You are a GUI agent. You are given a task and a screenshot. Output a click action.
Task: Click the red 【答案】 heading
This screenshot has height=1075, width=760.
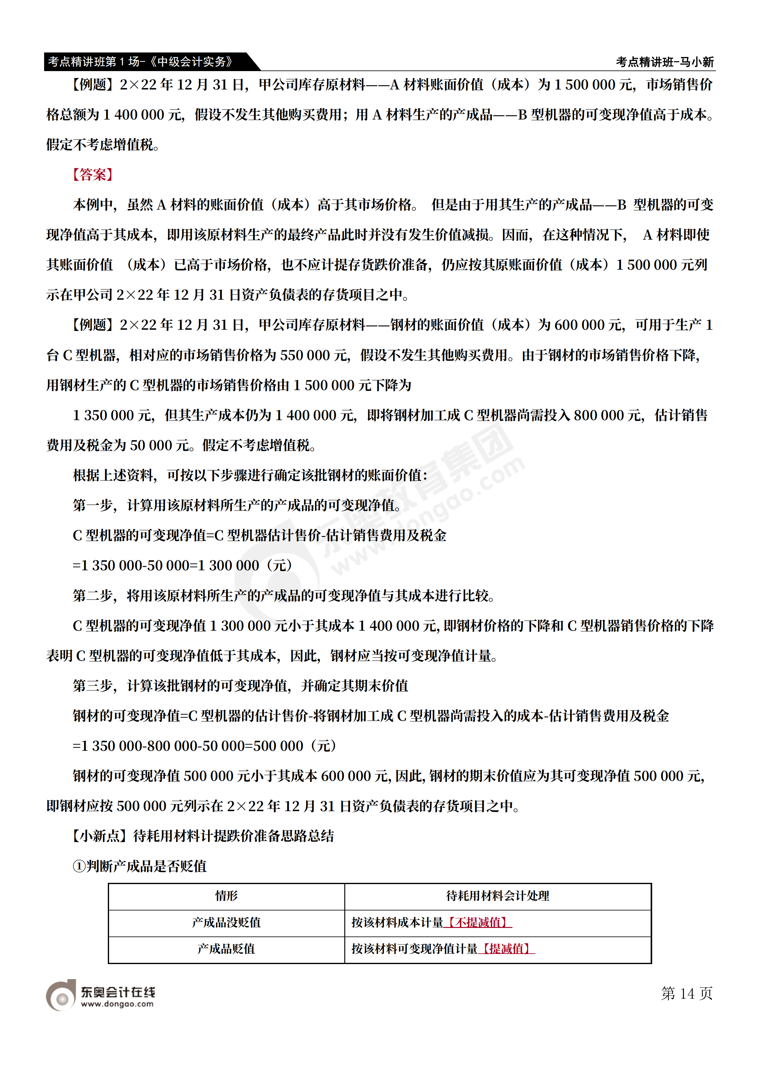(93, 175)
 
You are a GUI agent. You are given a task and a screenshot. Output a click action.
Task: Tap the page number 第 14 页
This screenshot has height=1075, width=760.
(686, 993)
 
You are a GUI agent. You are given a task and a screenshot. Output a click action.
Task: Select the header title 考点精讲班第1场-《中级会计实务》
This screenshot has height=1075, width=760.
(140, 61)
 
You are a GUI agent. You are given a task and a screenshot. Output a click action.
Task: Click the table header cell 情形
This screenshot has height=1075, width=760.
(226, 896)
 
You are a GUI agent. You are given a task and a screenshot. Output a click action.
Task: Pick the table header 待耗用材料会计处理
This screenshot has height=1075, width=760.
(497, 896)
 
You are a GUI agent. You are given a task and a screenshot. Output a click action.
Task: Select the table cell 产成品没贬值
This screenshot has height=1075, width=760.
(226, 923)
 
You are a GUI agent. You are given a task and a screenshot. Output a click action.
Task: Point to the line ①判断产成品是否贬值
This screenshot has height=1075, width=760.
(139, 866)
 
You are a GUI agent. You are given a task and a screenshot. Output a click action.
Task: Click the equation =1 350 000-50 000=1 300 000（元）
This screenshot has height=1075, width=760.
(183, 566)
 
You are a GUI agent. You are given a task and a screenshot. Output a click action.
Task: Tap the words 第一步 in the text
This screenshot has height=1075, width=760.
(93, 505)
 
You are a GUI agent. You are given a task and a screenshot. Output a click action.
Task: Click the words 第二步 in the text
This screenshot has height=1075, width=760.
(93, 595)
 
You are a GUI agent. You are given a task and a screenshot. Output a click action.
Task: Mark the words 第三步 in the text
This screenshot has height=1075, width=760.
(93, 686)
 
